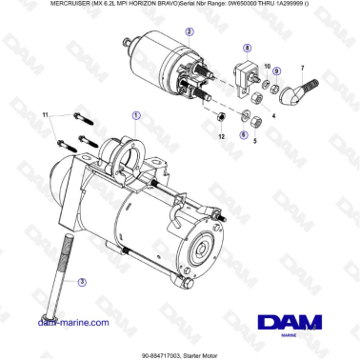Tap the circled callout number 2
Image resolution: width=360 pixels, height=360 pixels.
(190, 31)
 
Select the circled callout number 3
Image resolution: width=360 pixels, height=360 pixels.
(82, 282)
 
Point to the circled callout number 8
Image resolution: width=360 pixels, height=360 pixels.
(249, 47)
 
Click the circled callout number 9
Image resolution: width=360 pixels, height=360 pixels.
(276, 70)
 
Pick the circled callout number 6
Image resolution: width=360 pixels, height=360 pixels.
(243, 134)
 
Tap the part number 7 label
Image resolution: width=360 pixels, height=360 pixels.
(302, 68)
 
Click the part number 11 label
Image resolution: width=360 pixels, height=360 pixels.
(44, 115)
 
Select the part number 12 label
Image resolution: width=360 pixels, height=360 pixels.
(221, 138)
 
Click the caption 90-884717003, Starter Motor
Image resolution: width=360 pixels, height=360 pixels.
(180, 351)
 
